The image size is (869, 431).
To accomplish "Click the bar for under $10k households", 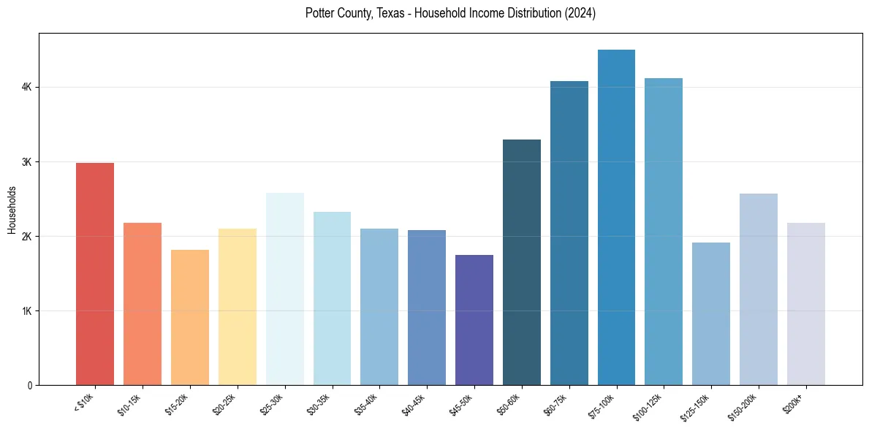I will point(95,274).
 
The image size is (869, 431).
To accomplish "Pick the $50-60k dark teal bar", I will point(522,262).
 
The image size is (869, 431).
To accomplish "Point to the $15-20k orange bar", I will point(189,317).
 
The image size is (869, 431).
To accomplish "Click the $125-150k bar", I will point(710,313).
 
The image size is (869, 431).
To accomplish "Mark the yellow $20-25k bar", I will point(237,307).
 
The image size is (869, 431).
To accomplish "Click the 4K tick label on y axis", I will point(26,87).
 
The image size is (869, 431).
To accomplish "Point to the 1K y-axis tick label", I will point(26,310).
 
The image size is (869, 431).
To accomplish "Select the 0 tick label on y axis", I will point(29,385).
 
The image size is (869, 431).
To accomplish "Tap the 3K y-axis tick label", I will point(26,161).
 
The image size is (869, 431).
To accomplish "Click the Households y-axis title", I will point(12,210).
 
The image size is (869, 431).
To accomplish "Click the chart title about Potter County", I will point(450,13).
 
